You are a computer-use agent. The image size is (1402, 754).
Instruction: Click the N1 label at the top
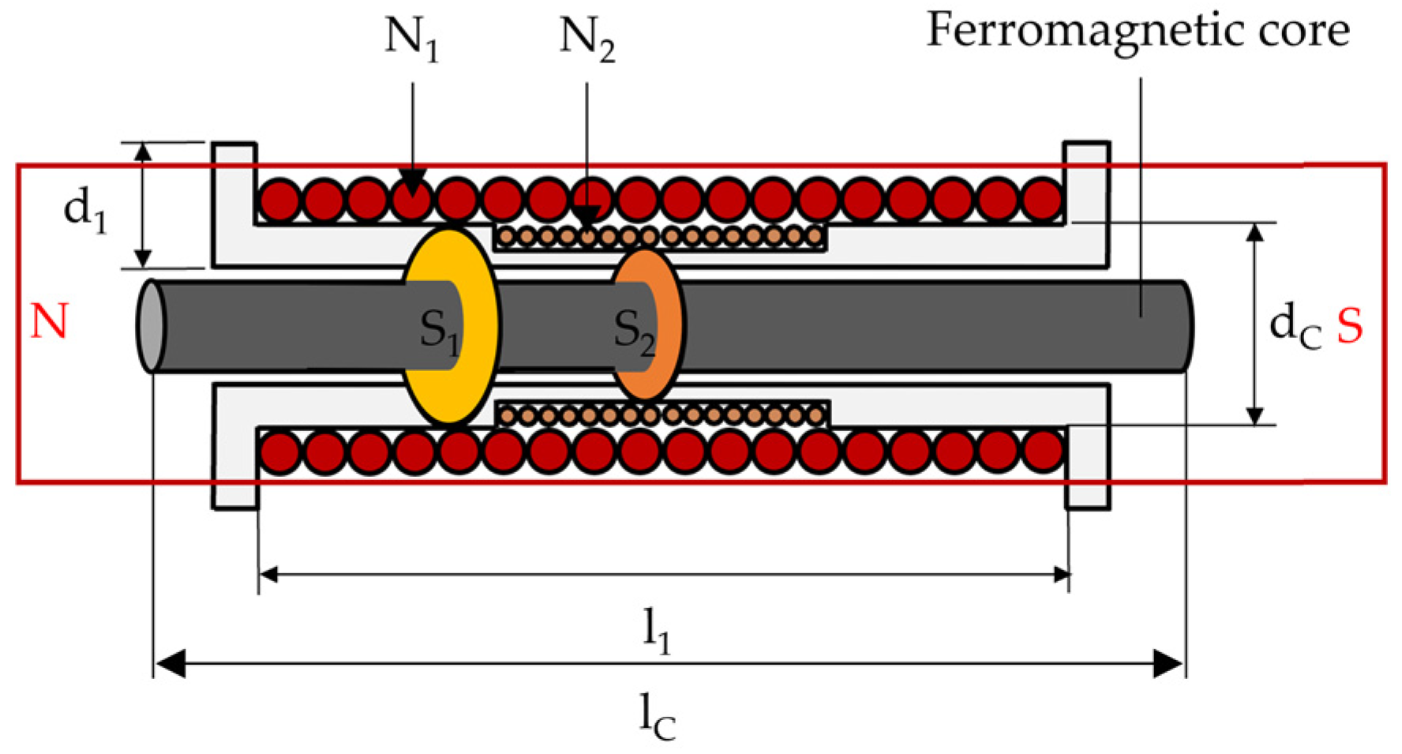coord(411,38)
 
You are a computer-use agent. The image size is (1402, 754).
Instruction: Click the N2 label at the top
coord(587,38)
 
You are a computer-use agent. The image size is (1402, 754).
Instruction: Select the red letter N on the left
coord(49,322)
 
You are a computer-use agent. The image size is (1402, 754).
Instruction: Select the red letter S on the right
coord(1349,325)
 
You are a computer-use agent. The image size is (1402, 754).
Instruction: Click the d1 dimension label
coord(84,209)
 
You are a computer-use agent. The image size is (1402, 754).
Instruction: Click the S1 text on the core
coord(439,330)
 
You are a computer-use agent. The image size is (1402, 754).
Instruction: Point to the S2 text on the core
coord(634,330)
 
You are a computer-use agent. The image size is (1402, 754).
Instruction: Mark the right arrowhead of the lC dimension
coord(1169,664)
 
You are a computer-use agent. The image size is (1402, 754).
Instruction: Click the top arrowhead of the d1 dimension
coord(142,152)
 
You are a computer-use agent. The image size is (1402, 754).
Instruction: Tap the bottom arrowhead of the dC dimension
coord(1254,416)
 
